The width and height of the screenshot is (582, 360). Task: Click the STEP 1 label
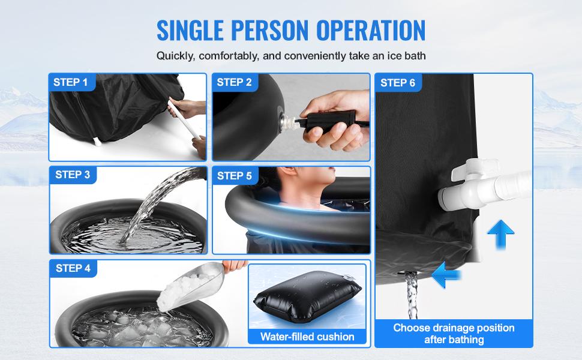[70, 82]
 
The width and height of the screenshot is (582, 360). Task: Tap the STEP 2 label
[234, 82]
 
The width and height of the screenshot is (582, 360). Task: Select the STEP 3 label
[72, 175]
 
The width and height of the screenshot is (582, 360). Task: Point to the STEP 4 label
[72, 268]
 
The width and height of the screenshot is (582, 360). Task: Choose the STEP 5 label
[234, 176]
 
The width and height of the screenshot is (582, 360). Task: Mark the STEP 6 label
[397, 83]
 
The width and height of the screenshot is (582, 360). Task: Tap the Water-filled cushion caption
[307, 337]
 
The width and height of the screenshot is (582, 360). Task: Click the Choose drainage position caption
[454, 334]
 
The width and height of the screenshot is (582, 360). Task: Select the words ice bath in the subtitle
[404, 56]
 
